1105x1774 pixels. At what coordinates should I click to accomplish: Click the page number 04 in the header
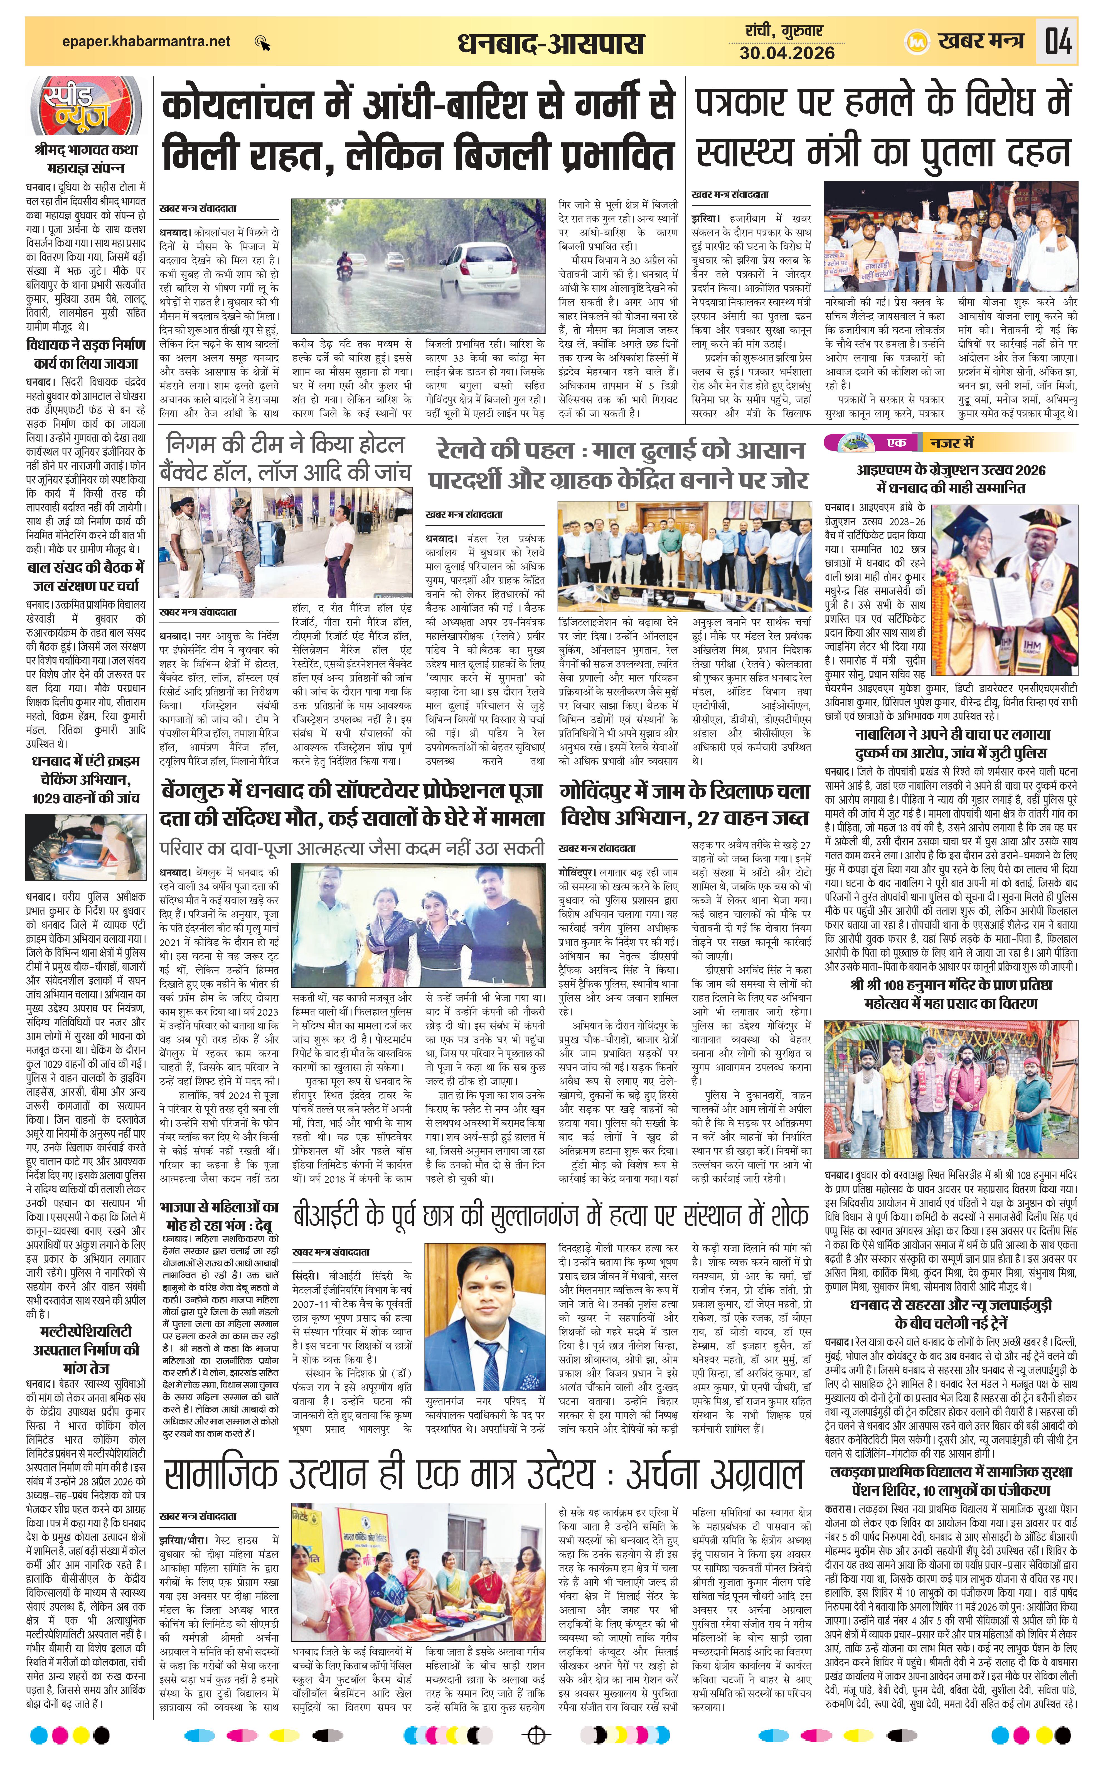(1057, 42)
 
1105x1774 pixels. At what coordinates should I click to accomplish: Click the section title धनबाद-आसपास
(552, 44)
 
